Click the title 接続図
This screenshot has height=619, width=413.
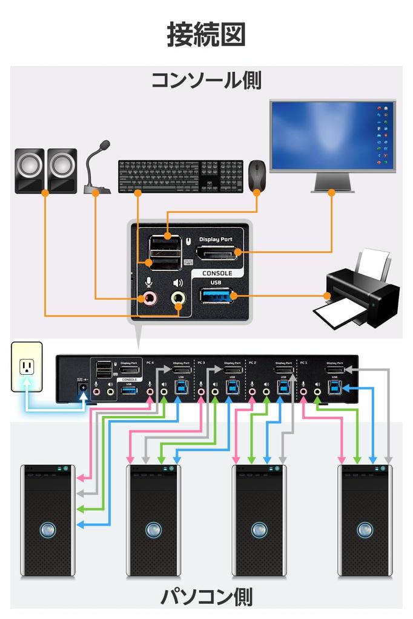click(206, 35)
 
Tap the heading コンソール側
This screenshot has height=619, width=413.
click(206, 80)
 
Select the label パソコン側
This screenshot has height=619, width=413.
click(206, 597)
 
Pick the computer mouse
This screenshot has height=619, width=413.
click(257, 175)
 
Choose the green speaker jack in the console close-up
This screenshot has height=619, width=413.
click(178, 297)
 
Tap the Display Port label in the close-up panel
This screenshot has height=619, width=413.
click(216, 240)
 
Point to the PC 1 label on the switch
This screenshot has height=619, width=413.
click(304, 363)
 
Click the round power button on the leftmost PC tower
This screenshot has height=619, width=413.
click(48, 530)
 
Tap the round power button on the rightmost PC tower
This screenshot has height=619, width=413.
click(365, 530)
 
